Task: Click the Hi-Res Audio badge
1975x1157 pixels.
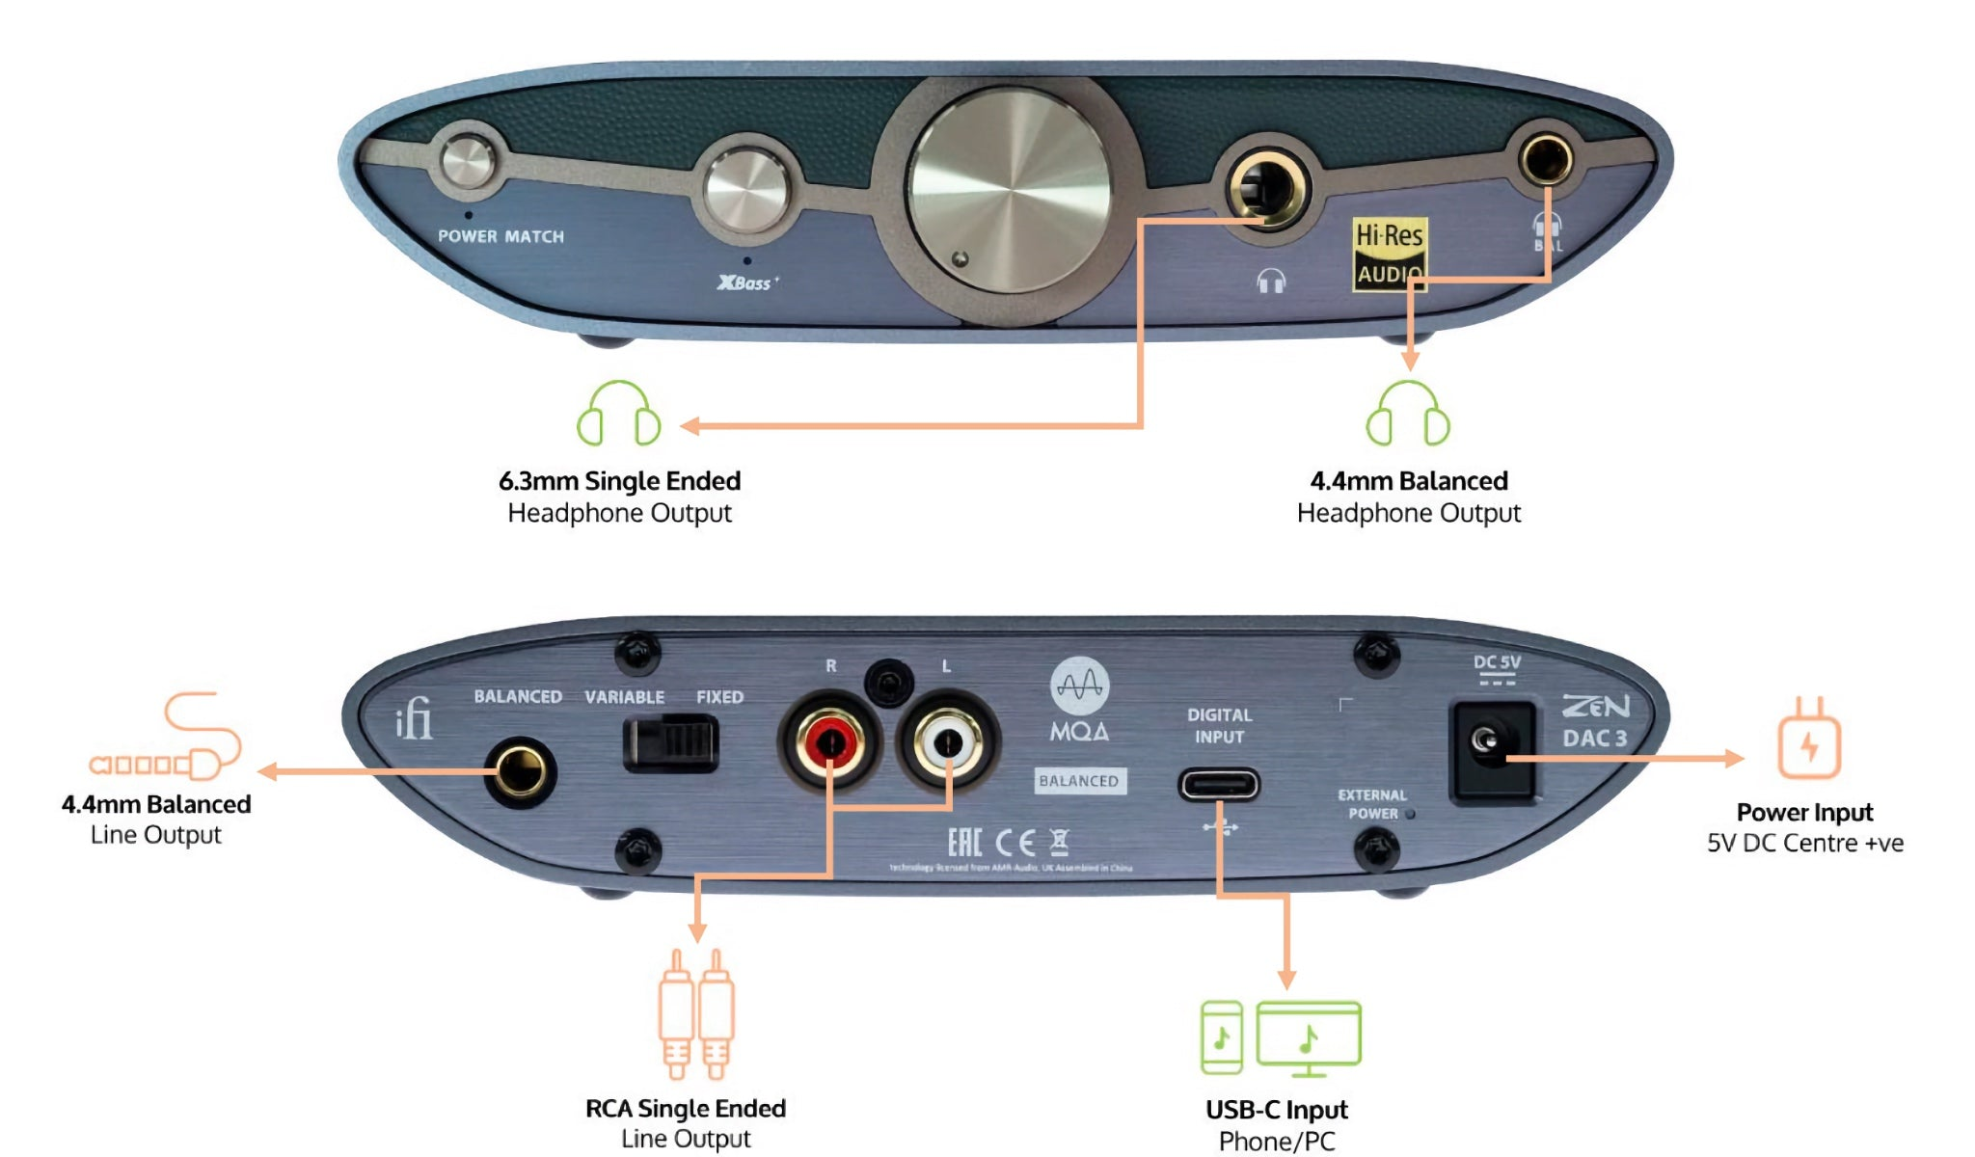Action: (1389, 254)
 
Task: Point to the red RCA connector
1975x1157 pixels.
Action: (829, 742)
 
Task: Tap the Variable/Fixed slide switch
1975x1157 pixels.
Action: (671, 743)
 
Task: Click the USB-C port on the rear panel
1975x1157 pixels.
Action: (1220, 785)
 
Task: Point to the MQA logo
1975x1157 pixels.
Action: (1079, 700)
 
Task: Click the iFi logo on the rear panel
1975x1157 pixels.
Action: (415, 719)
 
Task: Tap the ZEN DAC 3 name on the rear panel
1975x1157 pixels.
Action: (1596, 722)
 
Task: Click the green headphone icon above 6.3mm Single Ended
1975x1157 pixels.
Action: (619, 414)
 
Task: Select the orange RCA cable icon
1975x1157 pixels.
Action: (696, 1012)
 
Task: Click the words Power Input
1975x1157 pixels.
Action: (1804, 813)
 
